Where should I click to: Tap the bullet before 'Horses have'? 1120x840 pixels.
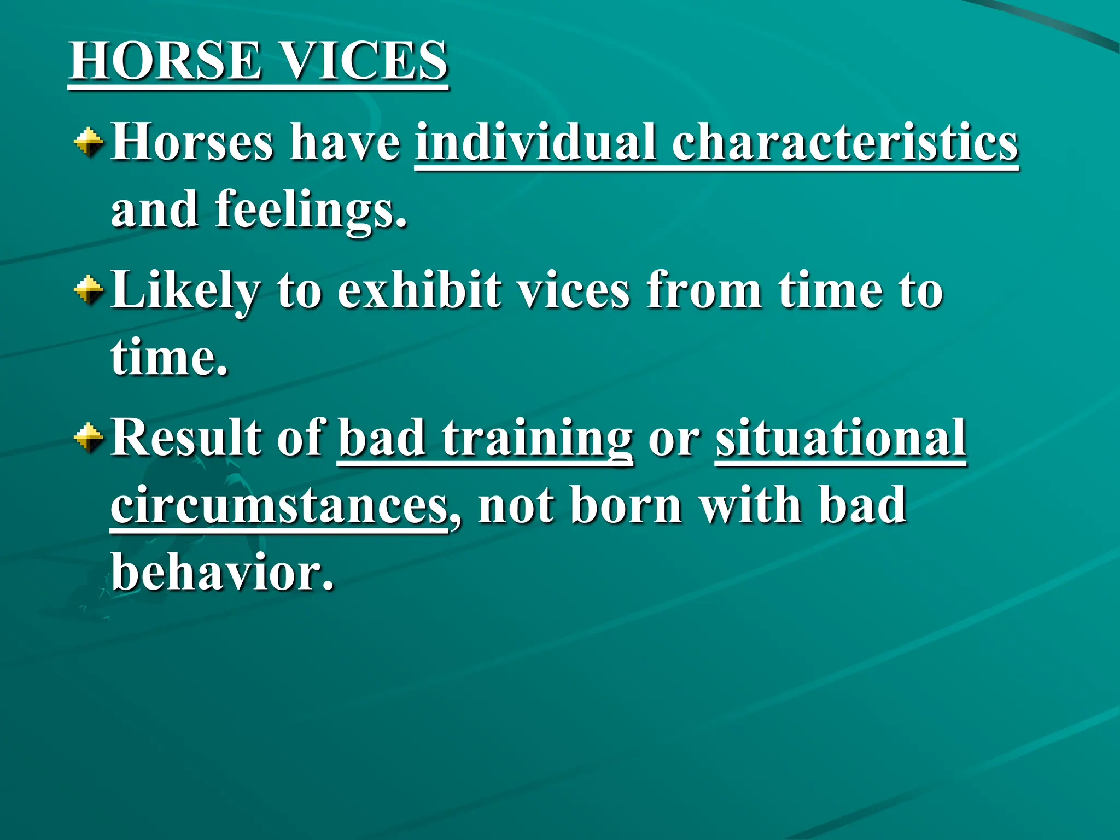[88, 143]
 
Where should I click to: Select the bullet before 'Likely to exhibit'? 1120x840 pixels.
[88, 289]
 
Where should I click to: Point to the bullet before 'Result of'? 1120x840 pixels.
[88, 437]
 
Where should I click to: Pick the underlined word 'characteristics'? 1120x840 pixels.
[845, 143]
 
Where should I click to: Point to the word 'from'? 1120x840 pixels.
[704, 290]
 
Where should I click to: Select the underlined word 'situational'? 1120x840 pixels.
[841, 437]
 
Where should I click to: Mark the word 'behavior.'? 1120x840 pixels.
[223, 572]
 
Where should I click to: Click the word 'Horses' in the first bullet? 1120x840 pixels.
[191, 143]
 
